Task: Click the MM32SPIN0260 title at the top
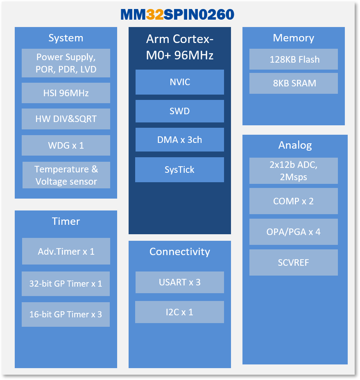(177, 14)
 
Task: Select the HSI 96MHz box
(66, 93)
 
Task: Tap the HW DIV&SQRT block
(66, 119)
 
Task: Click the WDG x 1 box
(66, 145)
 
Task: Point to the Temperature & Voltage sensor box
(66, 175)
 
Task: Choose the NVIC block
(180, 82)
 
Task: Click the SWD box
(180, 111)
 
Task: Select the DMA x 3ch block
(180, 140)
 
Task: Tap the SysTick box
(180, 170)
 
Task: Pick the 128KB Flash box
(294, 59)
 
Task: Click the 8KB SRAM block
(294, 83)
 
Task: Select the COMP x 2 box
(294, 201)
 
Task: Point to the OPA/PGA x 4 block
(294, 232)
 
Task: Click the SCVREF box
(294, 262)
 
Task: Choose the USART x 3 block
(180, 282)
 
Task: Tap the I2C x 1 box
(180, 312)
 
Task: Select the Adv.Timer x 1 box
(66, 251)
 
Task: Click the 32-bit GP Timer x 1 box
(66, 283)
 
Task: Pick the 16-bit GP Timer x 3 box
(66, 314)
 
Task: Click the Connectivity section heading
(180, 251)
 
